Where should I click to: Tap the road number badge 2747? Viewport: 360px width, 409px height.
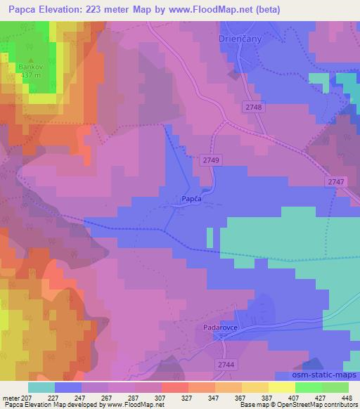coord(336,182)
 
